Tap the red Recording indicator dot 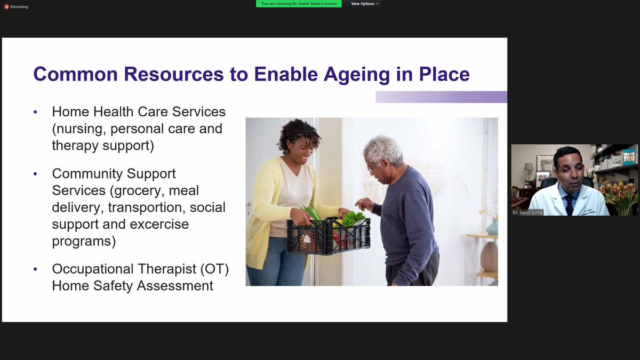[x=6, y=6]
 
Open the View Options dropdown [x=365, y=4]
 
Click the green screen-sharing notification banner [x=299, y=4]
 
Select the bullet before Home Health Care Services [x=35, y=112]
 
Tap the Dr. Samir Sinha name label [x=528, y=212]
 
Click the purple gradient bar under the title [x=442, y=97]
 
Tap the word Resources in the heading [x=172, y=74]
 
